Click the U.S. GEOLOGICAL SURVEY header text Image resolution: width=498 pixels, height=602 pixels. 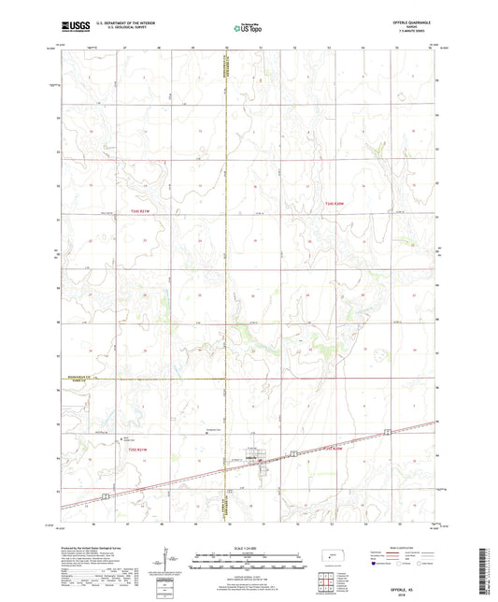click(106, 31)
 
